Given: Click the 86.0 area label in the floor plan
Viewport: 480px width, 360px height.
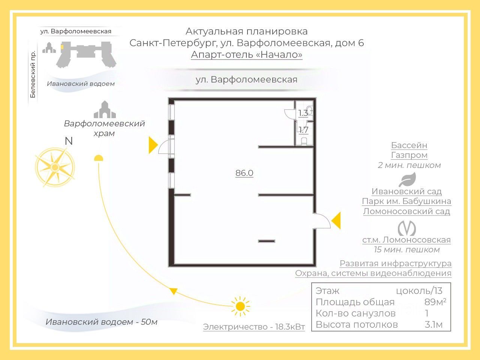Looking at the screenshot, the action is (244, 173).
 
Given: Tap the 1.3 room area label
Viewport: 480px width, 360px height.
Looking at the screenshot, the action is (303, 112).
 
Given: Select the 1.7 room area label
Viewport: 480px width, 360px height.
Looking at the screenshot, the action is (303, 130).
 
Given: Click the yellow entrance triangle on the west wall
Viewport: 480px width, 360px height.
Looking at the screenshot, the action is (153, 145).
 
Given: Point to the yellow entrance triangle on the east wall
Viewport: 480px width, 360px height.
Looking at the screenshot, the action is (336, 220).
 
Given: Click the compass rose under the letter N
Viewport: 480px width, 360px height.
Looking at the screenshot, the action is (55, 167).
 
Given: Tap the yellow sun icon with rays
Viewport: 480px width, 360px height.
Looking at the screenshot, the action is (240, 306).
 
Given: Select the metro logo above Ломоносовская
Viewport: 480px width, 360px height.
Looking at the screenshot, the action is (407, 228).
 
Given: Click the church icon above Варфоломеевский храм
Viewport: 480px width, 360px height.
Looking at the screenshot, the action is (105, 110).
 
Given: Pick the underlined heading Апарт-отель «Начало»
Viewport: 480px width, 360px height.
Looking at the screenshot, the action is (246, 55).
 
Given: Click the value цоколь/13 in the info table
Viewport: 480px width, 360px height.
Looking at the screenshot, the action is (419, 291).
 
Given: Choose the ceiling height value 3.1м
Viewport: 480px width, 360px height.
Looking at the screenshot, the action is (433, 324).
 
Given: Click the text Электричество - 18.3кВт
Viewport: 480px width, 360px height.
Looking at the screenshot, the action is (254, 327).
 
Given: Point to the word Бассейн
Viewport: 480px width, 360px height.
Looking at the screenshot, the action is (409, 145).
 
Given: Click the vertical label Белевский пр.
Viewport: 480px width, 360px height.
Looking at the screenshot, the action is (33, 74).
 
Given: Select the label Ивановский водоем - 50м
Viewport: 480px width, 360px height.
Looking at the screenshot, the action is (101, 322).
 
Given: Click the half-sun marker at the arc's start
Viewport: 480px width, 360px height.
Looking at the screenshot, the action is (98, 158).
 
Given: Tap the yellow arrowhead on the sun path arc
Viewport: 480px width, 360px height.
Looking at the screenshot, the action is (173, 291).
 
